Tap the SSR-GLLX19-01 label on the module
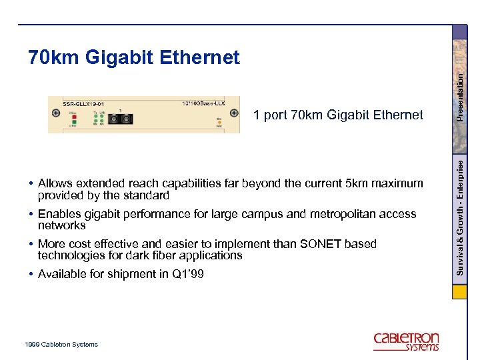tap(83, 103)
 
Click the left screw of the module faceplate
tap(56, 113)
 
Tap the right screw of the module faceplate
tap(235, 114)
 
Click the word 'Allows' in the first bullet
tap(55, 183)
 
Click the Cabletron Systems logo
tap(406, 341)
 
